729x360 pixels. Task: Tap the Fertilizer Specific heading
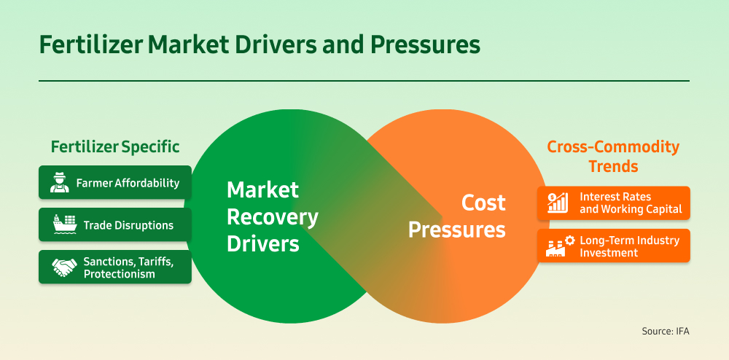pos(115,146)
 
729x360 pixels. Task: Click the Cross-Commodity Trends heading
pos(613,157)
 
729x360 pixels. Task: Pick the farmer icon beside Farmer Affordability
pos(60,183)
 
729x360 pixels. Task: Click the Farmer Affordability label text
pos(128,183)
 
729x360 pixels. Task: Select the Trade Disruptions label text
pos(128,225)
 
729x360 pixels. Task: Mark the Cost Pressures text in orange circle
pos(457,216)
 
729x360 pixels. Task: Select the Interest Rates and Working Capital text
pos(631,203)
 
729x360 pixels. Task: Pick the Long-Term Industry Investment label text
pos(629,246)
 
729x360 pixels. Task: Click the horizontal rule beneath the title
pos(364,80)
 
